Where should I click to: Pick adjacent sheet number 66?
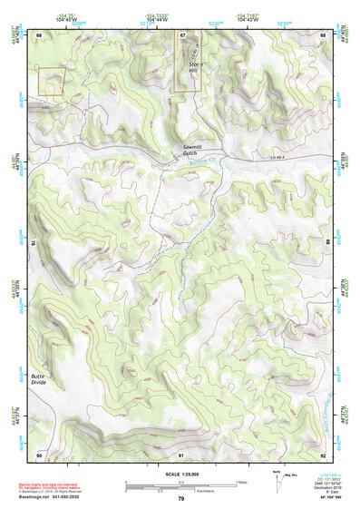(x=40, y=34)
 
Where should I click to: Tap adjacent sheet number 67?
(x=181, y=34)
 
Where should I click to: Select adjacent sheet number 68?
(x=323, y=34)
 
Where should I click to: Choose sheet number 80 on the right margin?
(x=327, y=243)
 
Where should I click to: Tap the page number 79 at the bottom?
(x=180, y=498)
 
